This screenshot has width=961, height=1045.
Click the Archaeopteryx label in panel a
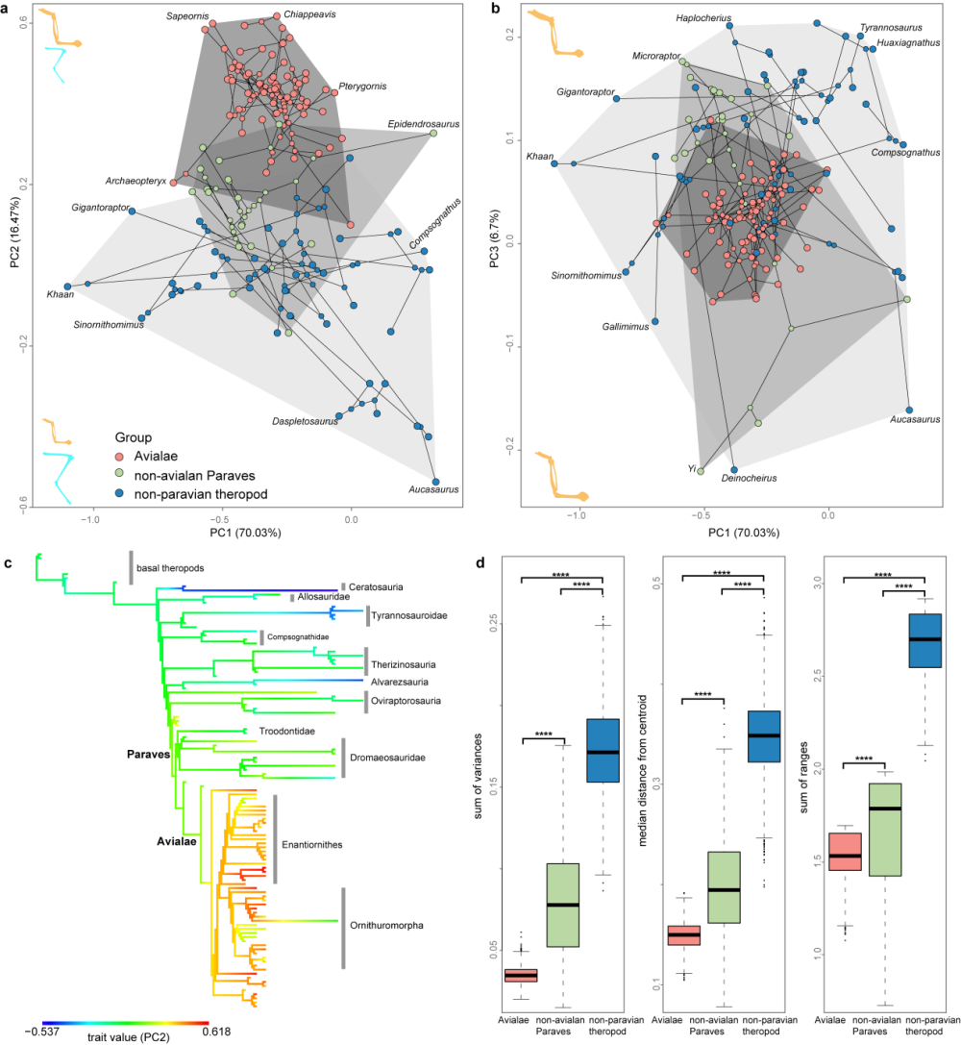(136, 181)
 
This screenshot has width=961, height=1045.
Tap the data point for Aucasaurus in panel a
(436, 482)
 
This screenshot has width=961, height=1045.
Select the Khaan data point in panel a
(68, 286)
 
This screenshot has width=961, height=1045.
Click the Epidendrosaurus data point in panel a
(432, 134)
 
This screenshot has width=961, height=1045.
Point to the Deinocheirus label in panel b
(750, 478)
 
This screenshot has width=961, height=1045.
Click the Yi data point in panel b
(701, 471)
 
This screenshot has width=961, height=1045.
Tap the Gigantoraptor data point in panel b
(616, 98)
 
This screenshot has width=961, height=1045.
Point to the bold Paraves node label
(148, 755)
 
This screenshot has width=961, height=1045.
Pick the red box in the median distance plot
(683, 934)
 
